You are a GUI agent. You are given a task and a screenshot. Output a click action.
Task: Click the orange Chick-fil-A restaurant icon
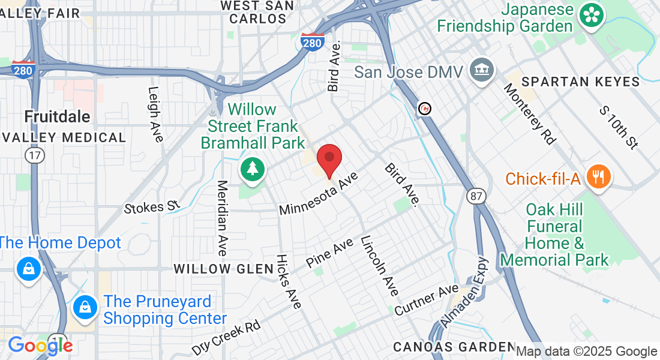(598, 178)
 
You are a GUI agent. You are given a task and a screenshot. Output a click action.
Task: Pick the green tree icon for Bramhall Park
(253, 170)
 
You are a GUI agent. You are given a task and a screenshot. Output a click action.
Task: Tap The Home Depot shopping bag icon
(28, 268)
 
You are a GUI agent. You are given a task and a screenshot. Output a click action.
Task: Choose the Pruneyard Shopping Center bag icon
(85, 308)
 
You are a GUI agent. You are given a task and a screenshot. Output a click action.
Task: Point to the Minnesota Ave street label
(319, 193)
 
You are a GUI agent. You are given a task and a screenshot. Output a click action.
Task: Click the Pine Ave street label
(329, 253)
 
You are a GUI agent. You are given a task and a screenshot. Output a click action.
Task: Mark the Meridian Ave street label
(223, 218)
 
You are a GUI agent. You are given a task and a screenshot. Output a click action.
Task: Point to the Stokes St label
(152, 207)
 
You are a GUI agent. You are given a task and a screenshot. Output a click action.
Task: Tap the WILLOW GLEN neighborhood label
(224, 269)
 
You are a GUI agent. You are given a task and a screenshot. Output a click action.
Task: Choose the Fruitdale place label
(57, 116)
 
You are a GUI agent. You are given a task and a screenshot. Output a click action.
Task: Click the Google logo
(40, 345)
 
